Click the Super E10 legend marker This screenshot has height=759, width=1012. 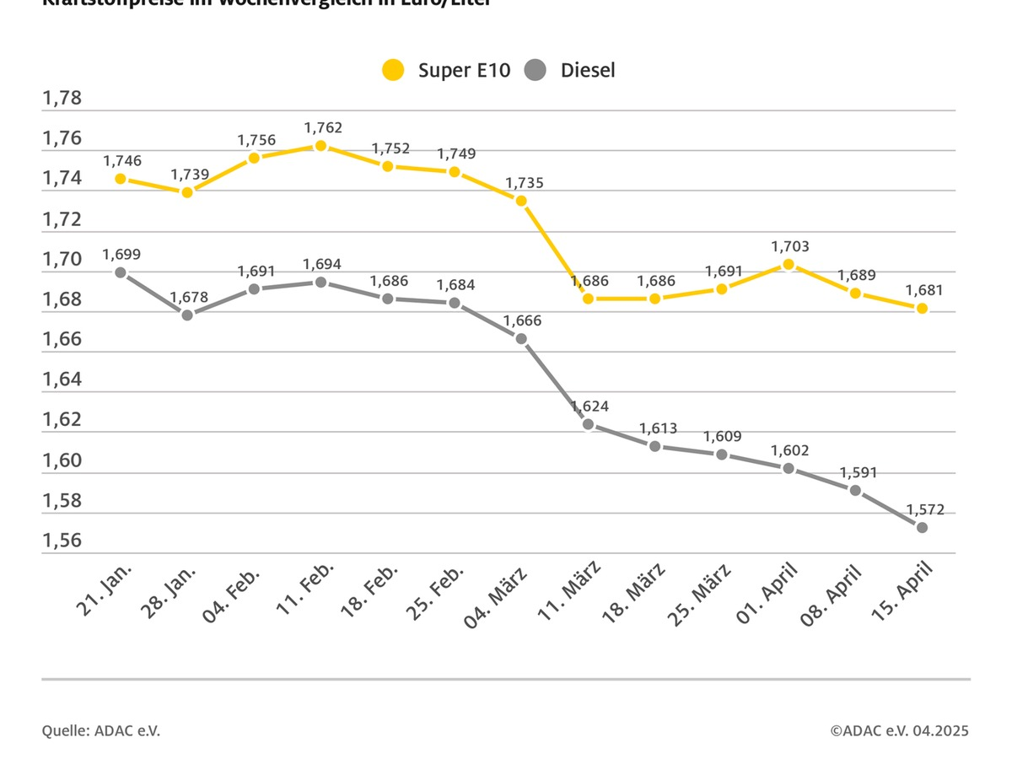click(393, 70)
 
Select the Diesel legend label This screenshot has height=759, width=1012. click(588, 70)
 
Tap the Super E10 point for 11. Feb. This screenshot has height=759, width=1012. click(321, 146)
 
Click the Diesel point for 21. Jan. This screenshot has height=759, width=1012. click(121, 272)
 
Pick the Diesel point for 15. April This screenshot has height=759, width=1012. click(922, 527)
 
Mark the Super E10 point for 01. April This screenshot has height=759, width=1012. click(789, 264)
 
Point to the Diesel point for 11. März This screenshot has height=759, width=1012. click(588, 424)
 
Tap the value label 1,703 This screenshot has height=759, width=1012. click(791, 246)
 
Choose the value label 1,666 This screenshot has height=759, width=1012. click(523, 320)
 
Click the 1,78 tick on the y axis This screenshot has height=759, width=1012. click(62, 99)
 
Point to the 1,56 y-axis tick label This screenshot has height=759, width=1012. click(62, 541)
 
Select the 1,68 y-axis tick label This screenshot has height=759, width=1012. click(62, 300)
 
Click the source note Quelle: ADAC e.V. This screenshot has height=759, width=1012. click(101, 730)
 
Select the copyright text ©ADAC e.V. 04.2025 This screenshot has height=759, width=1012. click(899, 730)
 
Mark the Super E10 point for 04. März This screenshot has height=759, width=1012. click(521, 201)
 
